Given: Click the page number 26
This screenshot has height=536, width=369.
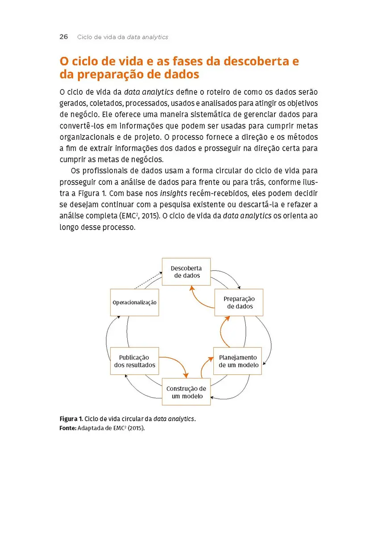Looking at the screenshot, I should (63, 37).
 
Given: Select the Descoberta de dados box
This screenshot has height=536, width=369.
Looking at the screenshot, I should (186, 272).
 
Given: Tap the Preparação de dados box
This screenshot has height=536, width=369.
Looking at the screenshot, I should (239, 302).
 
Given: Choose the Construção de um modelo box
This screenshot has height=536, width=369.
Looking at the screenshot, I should (186, 392).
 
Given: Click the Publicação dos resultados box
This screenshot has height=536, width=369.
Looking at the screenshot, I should (134, 361).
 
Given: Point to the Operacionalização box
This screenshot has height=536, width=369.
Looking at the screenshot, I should (134, 302).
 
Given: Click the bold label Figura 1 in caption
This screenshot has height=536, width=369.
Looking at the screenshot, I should (71, 419).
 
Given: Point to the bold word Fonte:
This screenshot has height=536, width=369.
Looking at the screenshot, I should (68, 428).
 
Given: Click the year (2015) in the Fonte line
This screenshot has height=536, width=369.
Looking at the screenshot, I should (137, 428).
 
